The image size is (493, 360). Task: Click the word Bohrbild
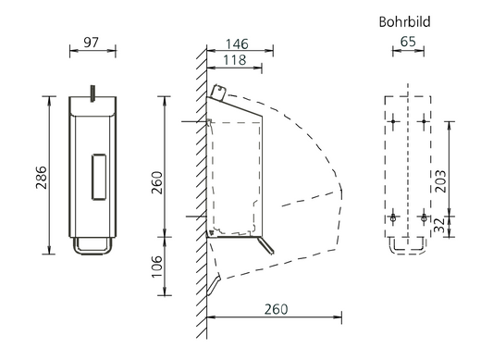click(404, 21)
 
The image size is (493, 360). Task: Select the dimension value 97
click(92, 43)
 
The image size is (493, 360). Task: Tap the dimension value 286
click(42, 178)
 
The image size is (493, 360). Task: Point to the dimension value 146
click(237, 44)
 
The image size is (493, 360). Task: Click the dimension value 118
click(235, 60)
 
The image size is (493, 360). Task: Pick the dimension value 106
click(157, 267)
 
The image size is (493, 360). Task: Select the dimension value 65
click(408, 42)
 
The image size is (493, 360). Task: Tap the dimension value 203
click(440, 181)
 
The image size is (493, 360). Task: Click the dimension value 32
click(440, 225)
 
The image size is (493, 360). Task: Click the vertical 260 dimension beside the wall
click(157, 182)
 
